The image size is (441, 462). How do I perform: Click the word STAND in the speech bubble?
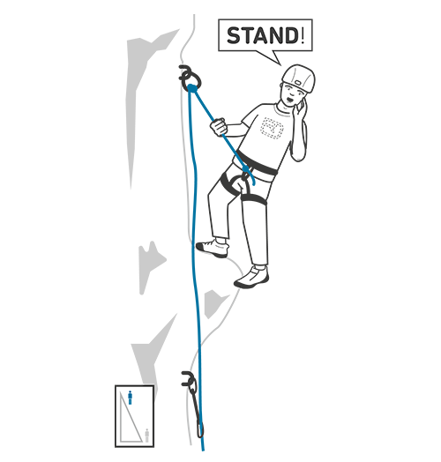(263, 35)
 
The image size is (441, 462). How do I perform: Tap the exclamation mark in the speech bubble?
(303, 35)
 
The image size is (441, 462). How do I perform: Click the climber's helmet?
(298, 78)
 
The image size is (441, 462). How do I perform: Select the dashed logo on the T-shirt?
(272, 128)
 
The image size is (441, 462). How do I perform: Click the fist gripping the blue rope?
(219, 127)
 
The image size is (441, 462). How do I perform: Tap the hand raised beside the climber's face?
(302, 107)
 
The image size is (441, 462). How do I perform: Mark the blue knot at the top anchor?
(192, 88)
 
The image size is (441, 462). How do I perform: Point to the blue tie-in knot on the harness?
(245, 168)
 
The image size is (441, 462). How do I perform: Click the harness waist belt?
(257, 163)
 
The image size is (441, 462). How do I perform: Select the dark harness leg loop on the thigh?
(253, 199)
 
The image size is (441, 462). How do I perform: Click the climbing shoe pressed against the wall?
(213, 249)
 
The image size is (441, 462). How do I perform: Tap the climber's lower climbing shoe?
(251, 277)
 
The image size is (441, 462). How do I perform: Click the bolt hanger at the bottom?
(188, 379)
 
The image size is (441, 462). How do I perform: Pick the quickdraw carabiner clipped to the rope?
(197, 413)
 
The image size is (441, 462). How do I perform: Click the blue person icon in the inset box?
(130, 398)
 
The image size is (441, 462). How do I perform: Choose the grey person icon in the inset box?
(146, 436)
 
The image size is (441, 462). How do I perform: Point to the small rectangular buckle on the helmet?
(297, 83)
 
